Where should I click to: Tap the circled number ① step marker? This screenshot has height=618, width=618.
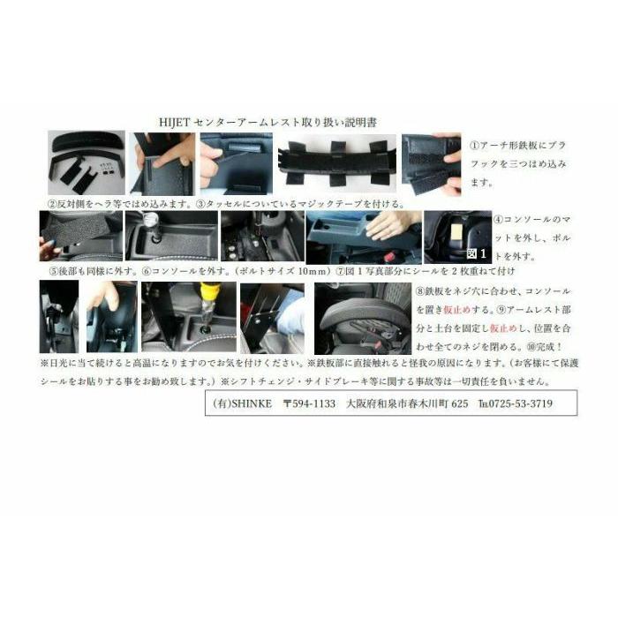pos(473,141)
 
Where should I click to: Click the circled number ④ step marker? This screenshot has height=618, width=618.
pos(497,219)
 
